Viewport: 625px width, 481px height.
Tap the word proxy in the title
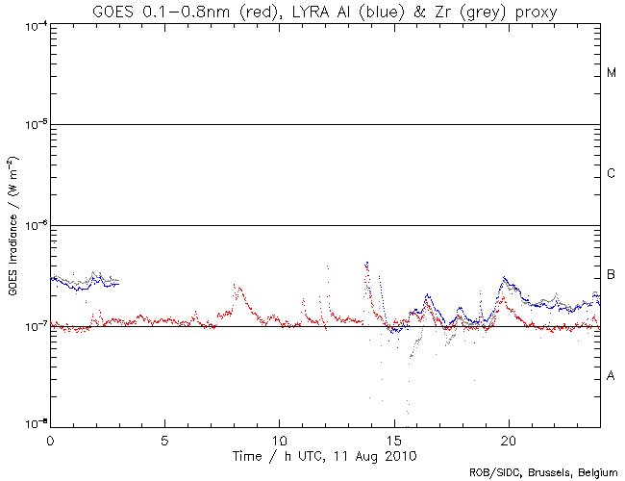tap(531, 11)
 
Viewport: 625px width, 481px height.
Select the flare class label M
tap(611, 73)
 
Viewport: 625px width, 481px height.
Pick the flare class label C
tap(611, 173)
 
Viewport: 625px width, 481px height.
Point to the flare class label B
tap(611, 274)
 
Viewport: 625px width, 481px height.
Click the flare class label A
tap(611, 375)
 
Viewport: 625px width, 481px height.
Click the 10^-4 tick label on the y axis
tap(32, 25)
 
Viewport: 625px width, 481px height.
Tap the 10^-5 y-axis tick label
tap(32, 125)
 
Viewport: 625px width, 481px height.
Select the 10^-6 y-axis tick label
tap(32, 226)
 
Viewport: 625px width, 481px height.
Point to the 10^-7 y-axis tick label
tap(32, 327)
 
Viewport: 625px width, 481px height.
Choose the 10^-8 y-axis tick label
tap(32, 425)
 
